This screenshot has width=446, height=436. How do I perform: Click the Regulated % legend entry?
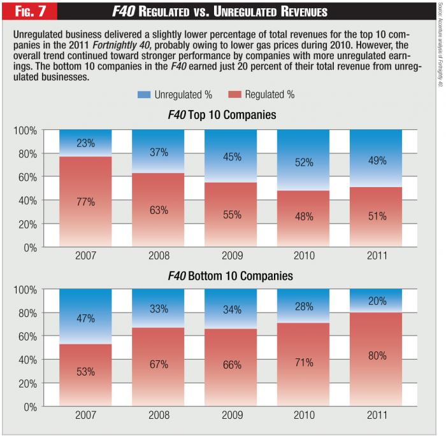click(263, 95)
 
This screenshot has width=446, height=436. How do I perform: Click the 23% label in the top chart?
click(85, 143)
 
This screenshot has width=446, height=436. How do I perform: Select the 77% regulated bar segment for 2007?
click(85, 202)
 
